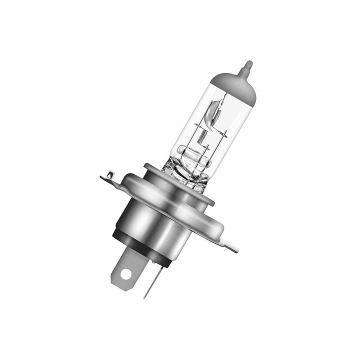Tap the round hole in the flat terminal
[x=125, y=274]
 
